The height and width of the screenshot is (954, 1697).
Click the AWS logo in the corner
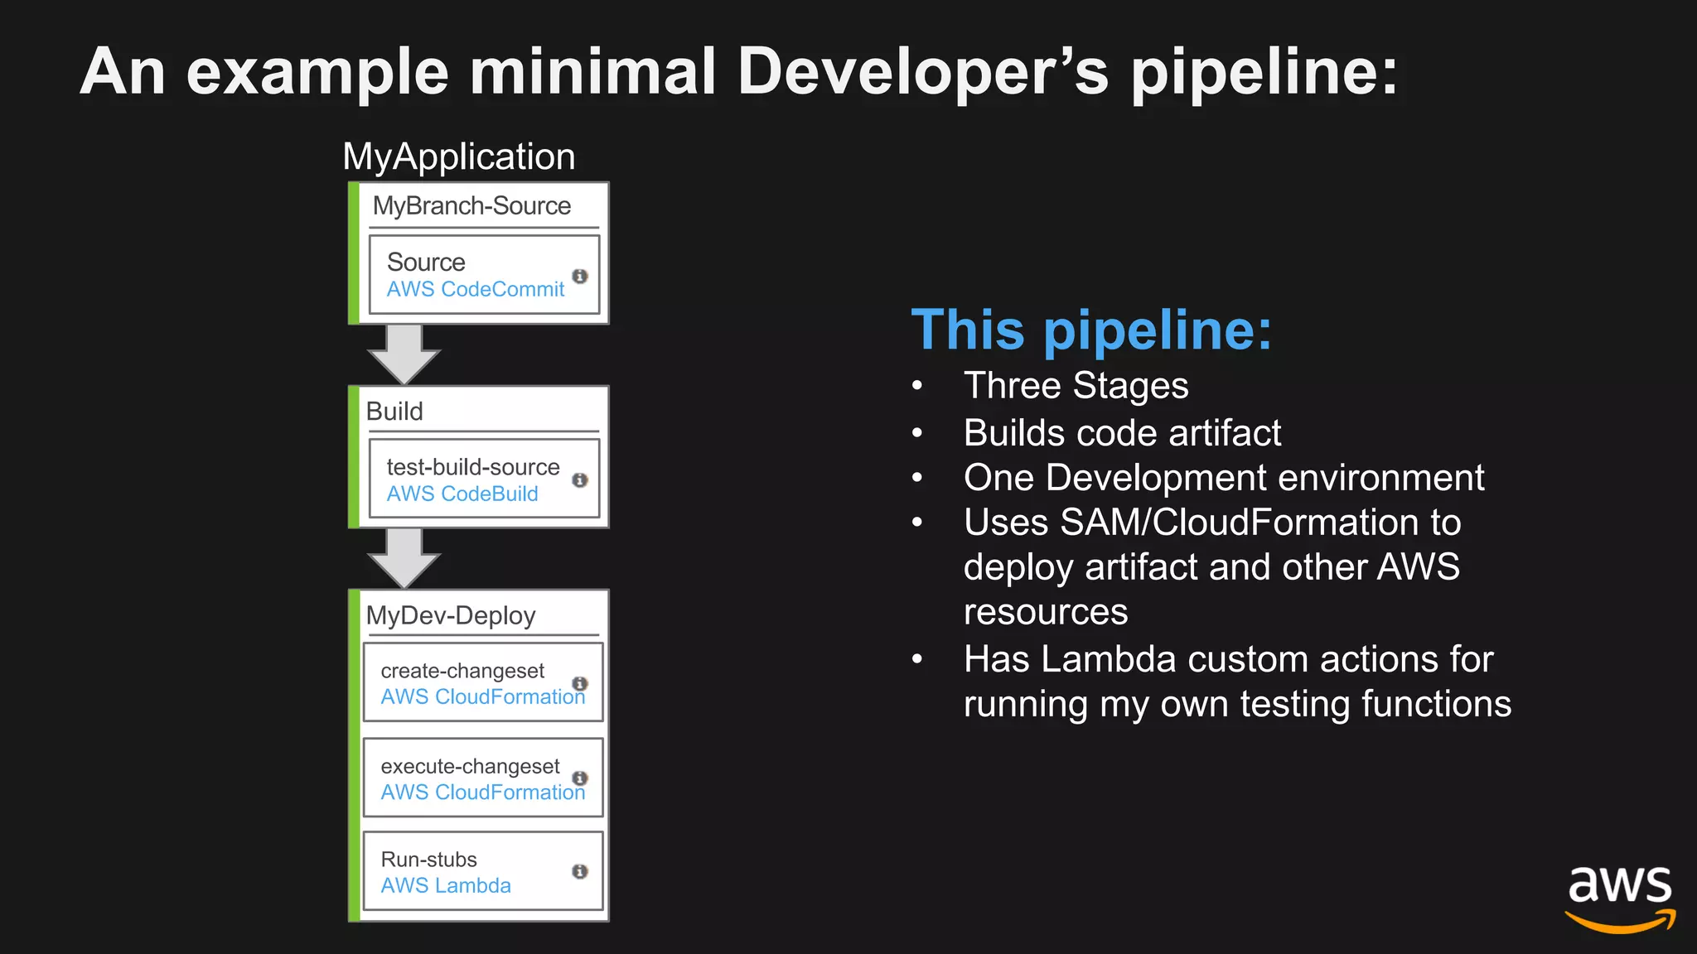(1619, 898)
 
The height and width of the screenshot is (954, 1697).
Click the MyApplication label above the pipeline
(458, 157)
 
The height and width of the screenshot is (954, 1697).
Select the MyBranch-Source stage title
(471, 205)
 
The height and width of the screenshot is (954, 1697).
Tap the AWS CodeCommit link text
(475, 289)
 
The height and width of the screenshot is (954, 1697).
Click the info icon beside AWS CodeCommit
(580, 276)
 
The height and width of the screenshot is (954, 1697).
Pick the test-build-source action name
(472, 467)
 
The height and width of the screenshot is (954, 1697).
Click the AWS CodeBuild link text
(462, 494)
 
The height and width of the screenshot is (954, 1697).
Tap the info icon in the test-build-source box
(580, 480)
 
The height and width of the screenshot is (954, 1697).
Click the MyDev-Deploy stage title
(451, 615)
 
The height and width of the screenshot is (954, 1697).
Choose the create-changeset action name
(462, 671)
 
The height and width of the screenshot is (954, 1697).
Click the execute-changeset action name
(470, 766)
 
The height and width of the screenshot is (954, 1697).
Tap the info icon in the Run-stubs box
(580, 871)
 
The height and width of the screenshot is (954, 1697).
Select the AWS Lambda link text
(446, 885)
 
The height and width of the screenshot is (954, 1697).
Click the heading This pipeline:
(1090, 330)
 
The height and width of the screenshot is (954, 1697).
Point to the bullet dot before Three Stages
(917, 386)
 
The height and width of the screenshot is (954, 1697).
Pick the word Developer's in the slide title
(922, 71)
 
